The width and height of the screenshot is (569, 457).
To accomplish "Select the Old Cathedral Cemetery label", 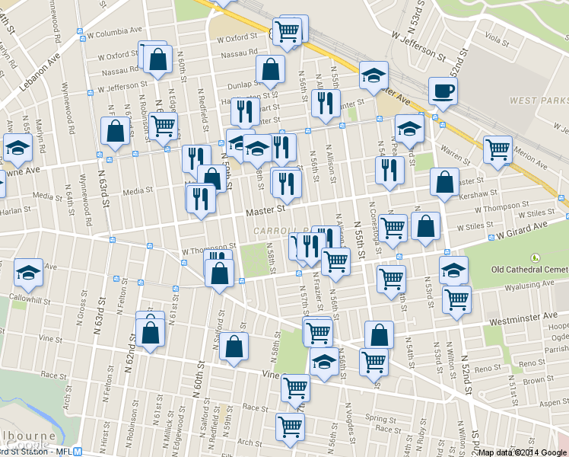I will pyautogui.click(x=530, y=269).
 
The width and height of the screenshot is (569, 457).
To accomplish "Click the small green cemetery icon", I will pyautogui.click(x=535, y=257).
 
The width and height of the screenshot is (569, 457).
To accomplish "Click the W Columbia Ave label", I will pyautogui.click(x=115, y=34).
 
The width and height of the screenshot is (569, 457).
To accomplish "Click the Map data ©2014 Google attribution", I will pyautogui.click(x=522, y=452).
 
